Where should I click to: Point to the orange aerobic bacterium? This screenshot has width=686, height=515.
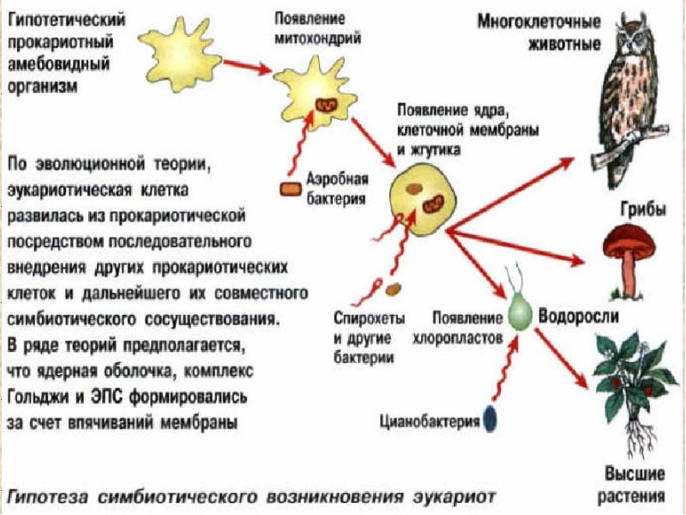point(291,189)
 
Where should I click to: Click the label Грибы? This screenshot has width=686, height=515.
point(644,209)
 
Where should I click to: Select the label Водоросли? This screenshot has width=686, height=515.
point(578,315)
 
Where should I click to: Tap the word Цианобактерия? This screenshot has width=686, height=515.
point(430,421)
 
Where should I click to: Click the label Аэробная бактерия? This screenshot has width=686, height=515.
point(336,189)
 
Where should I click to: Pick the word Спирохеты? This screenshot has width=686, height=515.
point(370,318)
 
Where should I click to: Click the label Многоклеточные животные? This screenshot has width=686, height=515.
point(539,33)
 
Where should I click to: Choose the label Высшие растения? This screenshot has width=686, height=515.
point(635,485)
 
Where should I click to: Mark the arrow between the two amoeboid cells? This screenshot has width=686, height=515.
point(246,66)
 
